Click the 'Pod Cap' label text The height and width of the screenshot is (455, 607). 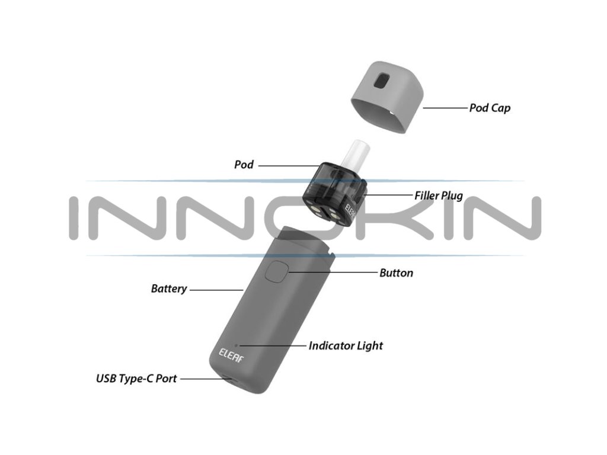(489, 108)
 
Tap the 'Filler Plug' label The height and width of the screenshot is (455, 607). (438, 196)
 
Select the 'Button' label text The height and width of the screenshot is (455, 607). (396, 273)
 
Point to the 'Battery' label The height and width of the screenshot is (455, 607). (169, 289)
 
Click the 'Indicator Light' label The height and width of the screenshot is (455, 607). (346, 345)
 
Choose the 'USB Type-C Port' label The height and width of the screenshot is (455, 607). (136, 378)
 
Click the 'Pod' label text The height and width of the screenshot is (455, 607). (244, 165)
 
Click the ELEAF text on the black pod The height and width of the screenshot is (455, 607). (351, 214)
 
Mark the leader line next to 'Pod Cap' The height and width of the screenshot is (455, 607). (444, 108)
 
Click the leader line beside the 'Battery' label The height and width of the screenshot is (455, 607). (216, 290)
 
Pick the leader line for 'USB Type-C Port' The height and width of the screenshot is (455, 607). (202, 378)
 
